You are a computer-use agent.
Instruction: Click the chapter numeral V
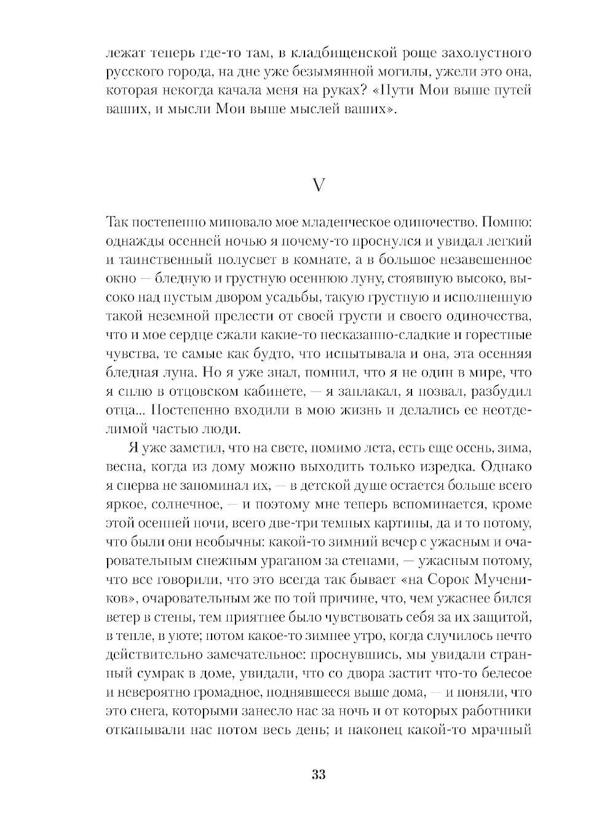(x=318, y=185)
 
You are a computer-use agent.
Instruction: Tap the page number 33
(x=318, y=774)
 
